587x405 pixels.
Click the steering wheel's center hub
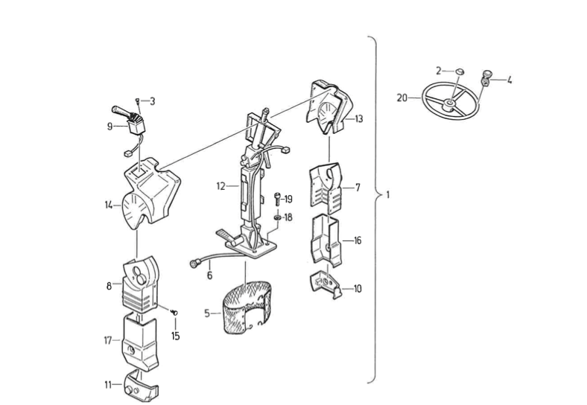(448, 104)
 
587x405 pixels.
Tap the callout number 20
(402, 98)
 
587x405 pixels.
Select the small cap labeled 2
(460, 71)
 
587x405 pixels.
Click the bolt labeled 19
(277, 199)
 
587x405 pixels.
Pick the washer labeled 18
(277, 217)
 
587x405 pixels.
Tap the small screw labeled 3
(138, 100)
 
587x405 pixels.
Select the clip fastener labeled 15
(174, 312)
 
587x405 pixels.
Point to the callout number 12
(221, 186)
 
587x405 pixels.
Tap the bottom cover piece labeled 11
(141, 386)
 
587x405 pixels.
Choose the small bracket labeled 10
(326, 284)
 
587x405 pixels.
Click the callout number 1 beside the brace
(388, 194)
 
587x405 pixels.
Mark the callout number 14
(109, 205)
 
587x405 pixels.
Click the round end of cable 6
(194, 264)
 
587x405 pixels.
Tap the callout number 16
(358, 240)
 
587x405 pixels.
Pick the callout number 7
(358, 187)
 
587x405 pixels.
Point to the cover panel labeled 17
(140, 342)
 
